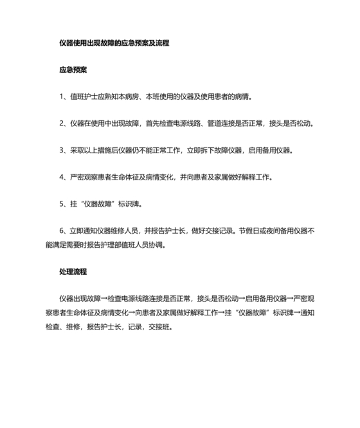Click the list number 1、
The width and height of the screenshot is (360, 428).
tap(63, 97)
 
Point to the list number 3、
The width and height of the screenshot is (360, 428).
tap(63, 150)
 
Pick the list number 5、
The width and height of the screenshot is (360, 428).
tap(63, 204)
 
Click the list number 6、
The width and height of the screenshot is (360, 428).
tap(63, 231)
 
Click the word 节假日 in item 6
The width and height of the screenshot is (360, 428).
tap(249, 231)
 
